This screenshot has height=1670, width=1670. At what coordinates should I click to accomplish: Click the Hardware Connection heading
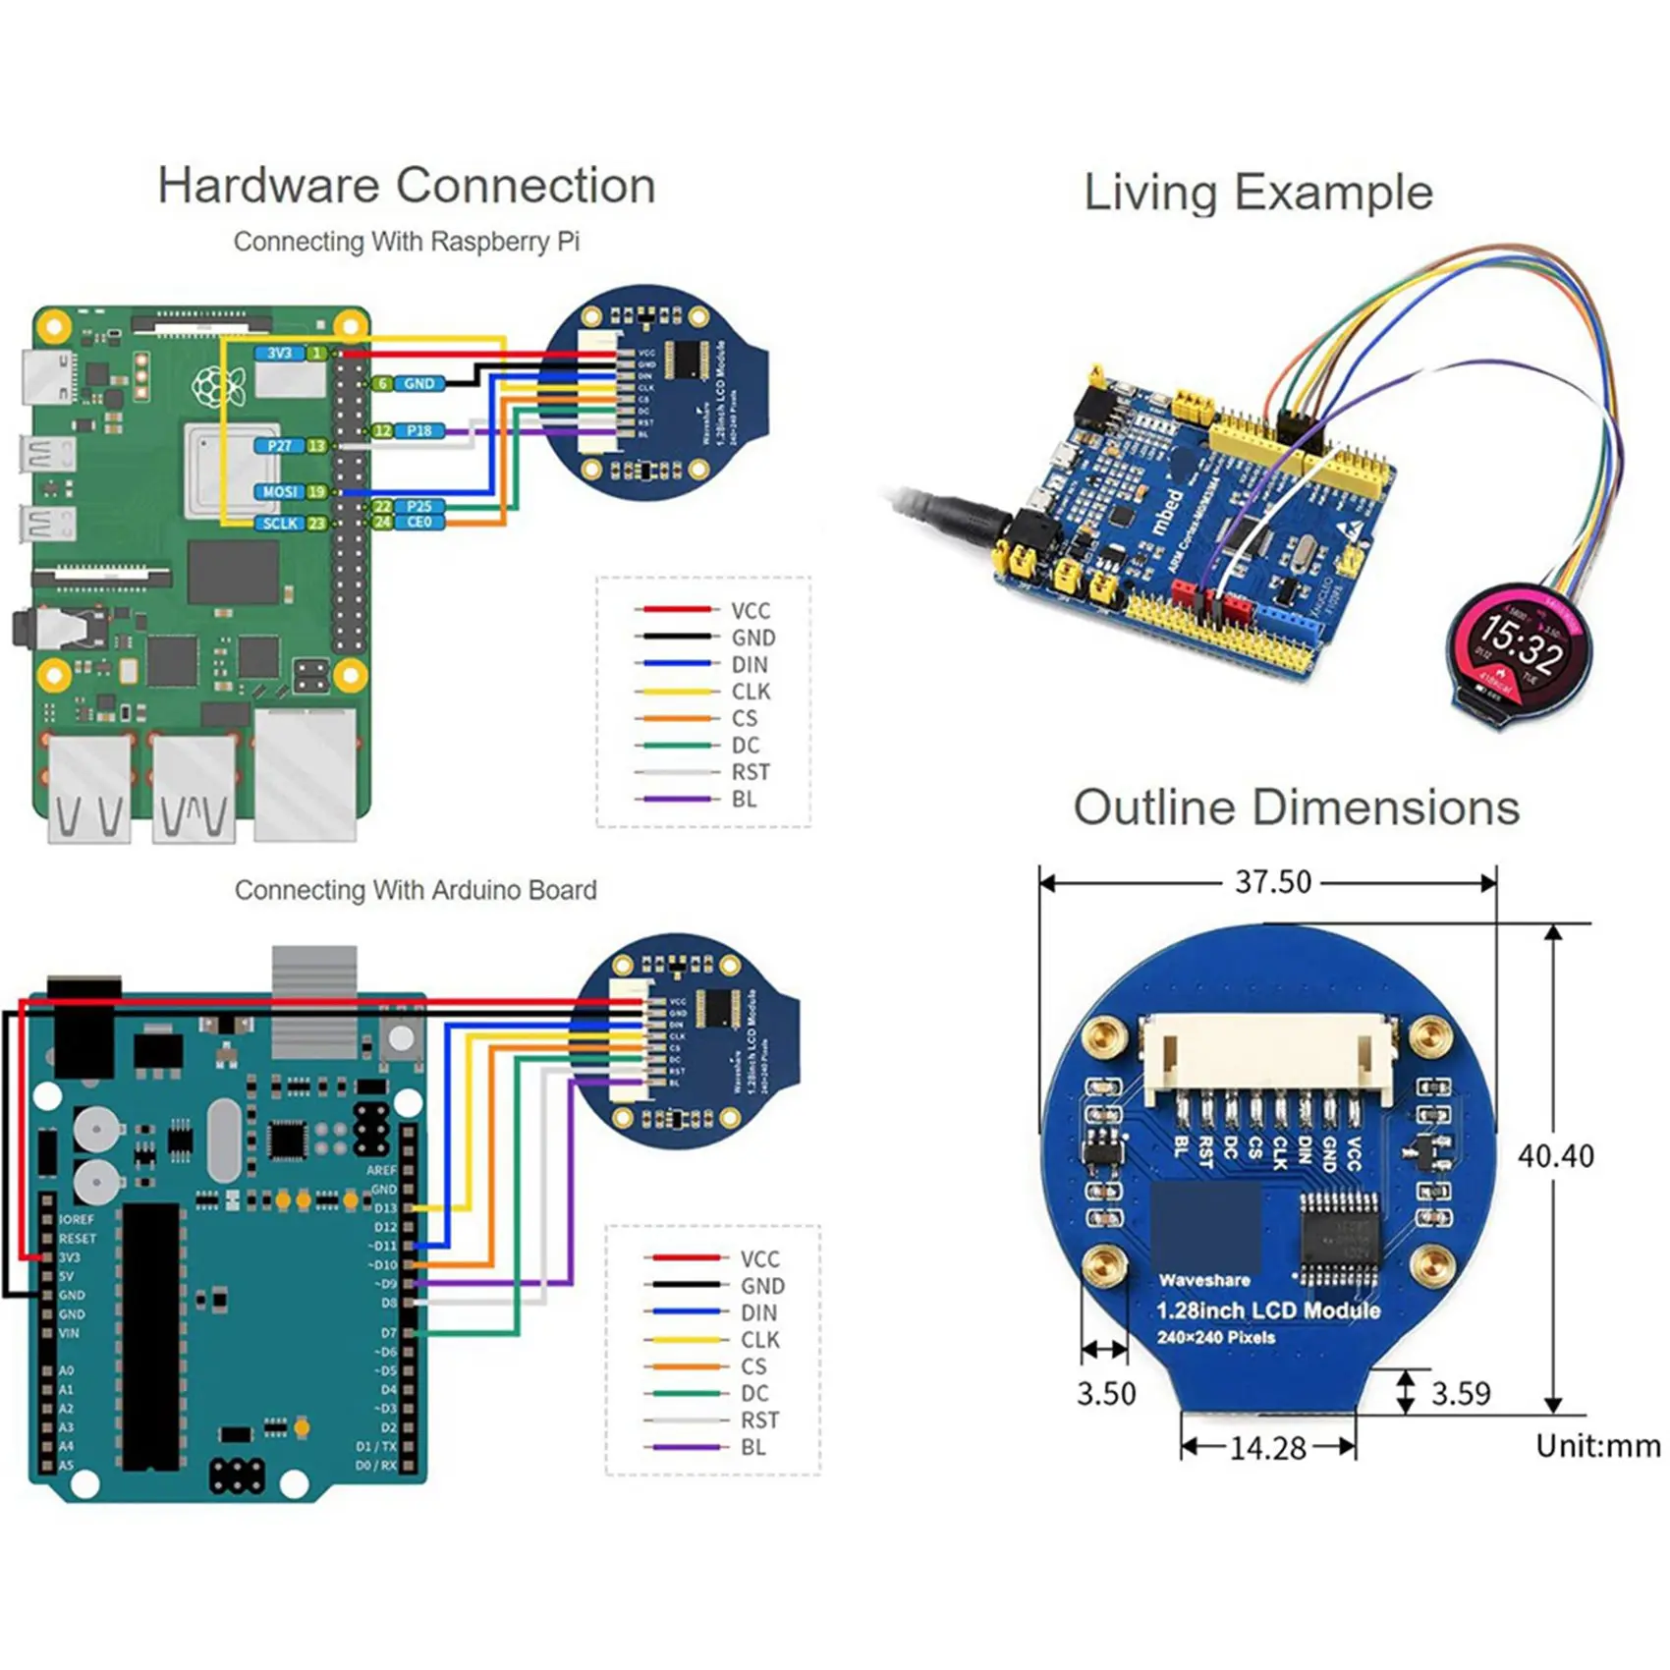(407, 186)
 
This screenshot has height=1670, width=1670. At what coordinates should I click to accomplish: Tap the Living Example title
(1257, 193)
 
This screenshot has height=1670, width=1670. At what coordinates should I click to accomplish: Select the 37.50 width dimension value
(1272, 882)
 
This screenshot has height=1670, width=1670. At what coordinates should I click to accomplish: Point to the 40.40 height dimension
(1556, 1156)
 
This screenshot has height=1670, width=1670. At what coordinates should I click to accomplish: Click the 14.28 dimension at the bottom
(1267, 1448)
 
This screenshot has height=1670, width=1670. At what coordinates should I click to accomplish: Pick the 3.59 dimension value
(1461, 1393)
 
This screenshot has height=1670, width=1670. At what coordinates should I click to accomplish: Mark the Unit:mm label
(1597, 1446)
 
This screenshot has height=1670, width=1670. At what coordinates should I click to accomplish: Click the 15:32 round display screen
(1519, 648)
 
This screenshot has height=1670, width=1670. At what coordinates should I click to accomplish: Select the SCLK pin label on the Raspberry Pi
(280, 524)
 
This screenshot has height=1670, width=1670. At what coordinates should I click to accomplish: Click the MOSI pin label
(280, 491)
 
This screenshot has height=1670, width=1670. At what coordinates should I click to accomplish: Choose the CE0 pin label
(419, 523)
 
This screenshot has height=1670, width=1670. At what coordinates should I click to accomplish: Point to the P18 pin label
(419, 430)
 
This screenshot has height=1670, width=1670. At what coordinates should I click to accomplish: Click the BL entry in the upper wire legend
(744, 800)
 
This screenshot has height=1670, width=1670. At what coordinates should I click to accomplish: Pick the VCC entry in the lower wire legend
(759, 1259)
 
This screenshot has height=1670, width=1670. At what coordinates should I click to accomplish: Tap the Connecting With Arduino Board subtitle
(416, 890)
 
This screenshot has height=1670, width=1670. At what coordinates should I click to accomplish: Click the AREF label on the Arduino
(381, 1170)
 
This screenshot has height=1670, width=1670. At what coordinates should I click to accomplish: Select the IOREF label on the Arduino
(77, 1219)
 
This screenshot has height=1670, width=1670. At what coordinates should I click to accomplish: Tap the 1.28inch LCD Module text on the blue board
(1267, 1310)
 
